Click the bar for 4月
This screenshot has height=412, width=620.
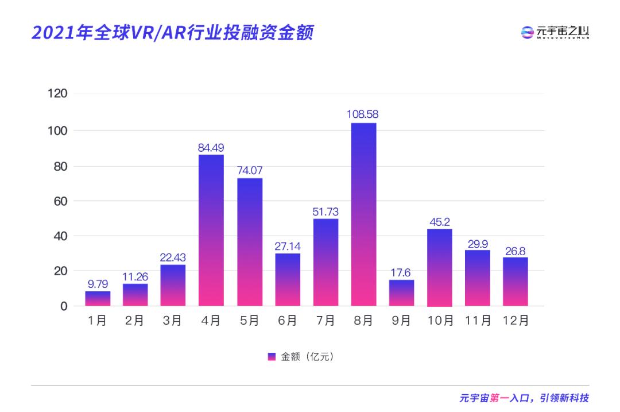tap(211, 230)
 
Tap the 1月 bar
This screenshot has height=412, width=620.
tap(98, 299)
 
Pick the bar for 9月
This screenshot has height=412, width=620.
tap(401, 293)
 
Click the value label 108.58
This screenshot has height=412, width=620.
tap(363, 114)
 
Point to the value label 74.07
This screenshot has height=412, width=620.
tap(250, 170)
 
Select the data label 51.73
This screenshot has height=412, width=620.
tap(325, 210)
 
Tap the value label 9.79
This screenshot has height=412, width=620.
tap(98, 283)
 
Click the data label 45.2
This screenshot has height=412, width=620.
tap(439, 221)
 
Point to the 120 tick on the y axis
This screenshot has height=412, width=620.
tap(58, 94)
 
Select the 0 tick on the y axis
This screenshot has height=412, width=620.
tap(64, 306)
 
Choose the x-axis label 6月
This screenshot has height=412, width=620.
tap(287, 321)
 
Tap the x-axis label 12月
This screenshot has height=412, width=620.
tap(515, 321)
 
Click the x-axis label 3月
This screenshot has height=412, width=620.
tap(173, 321)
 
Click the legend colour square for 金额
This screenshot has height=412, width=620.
tap(272, 357)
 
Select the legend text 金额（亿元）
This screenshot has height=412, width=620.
tap(307, 357)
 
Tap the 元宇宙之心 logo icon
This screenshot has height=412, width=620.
tap(527, 33)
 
